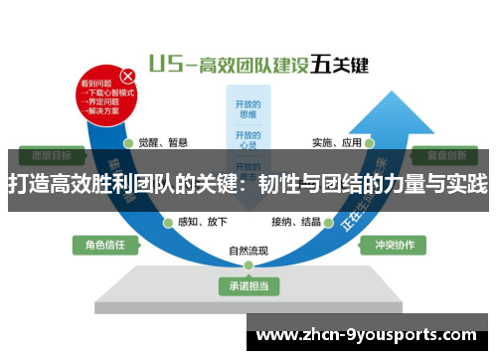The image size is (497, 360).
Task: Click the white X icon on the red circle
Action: click(x=127, y=76)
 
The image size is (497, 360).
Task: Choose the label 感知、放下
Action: click(x=198, y=221)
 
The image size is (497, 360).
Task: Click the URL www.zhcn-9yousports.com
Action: click(x=367, y=334)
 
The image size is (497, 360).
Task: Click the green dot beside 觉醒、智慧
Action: click(x=130, y=142)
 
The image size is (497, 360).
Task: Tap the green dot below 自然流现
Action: click(x=248, y=266)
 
